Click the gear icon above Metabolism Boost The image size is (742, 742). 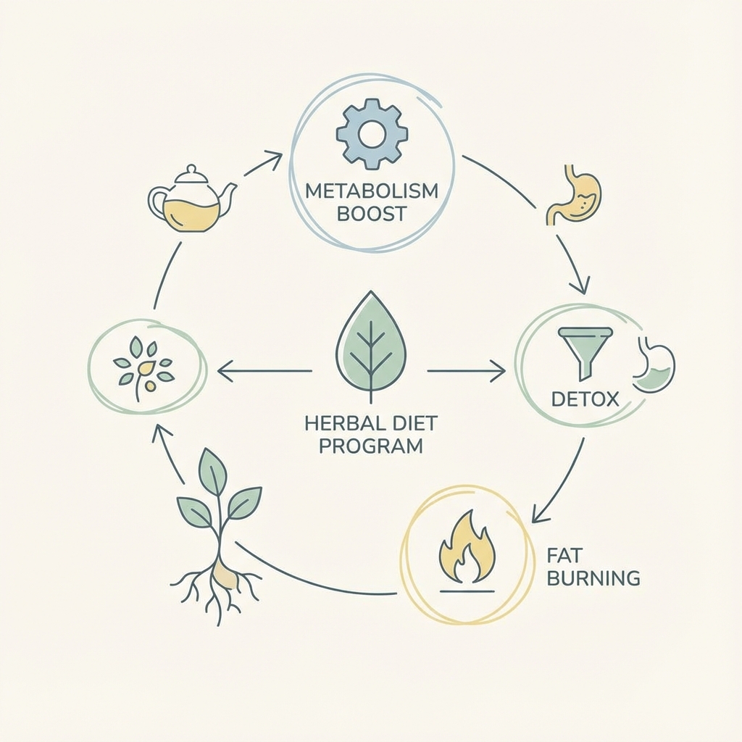[372, 134]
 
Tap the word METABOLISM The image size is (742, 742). [372, 193]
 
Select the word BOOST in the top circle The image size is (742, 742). [372, 215]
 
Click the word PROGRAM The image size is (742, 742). [371, 445]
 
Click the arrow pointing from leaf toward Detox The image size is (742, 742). [466, 372]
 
